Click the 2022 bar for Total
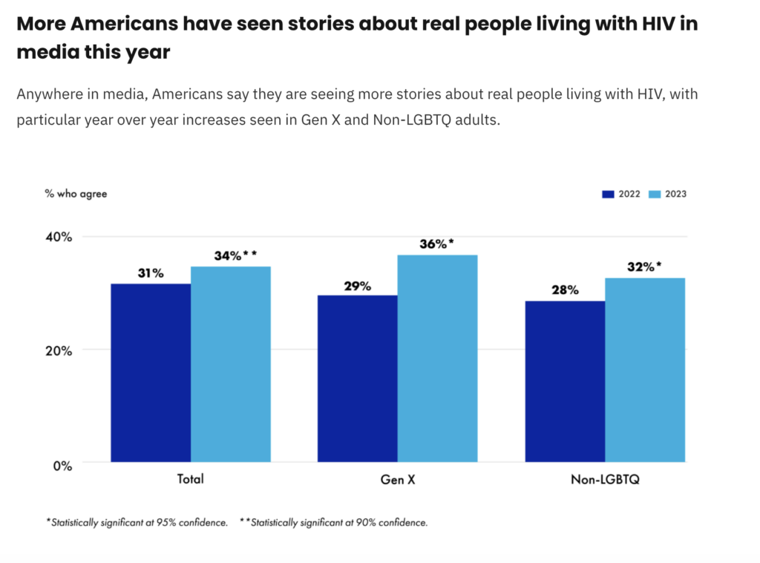[x=151, y=372]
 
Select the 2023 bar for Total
[x=231, y=364]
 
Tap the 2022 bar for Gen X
[x=358, y=378]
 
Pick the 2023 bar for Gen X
[x=437, y=358]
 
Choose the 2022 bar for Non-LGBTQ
[x=565, y=381]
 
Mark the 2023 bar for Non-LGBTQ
[x=645, y=370]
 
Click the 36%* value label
[x=436, y=244]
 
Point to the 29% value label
[x=357, y=285]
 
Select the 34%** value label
[x=235, y=256]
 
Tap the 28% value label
[x=565, y=290]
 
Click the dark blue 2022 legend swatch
[x=608, y=195]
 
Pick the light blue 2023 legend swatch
[x=655, y=195]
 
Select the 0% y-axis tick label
[x=62, y=465]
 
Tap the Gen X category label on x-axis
[x=398, y=479]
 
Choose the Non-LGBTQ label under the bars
[x=605, y=479]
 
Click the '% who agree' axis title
[x=76, y=194]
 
